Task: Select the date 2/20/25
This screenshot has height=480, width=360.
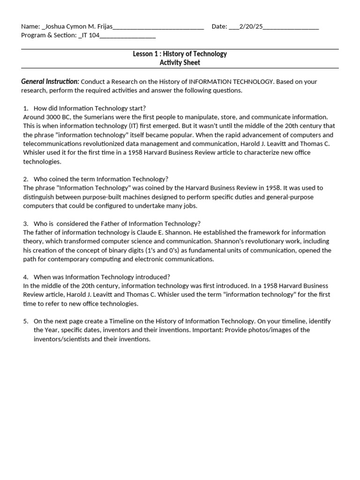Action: [251, 27]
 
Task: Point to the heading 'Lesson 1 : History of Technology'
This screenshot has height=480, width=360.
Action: [180, 54]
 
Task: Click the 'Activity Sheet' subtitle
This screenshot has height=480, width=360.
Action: [180, 63]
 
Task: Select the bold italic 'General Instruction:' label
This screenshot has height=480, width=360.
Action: [50, 82]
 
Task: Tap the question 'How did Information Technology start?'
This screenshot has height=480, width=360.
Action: [90, 108]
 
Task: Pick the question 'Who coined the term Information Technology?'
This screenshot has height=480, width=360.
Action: [101, 179]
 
